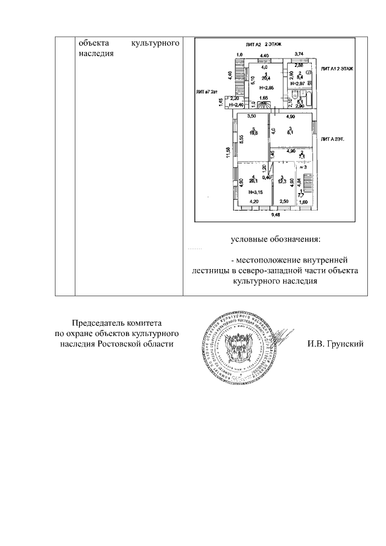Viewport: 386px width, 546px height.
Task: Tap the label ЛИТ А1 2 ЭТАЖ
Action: pyautogui.click(x=337, y=69)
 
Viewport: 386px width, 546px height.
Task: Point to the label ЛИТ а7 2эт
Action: pyautogui.click(x=207, y=92)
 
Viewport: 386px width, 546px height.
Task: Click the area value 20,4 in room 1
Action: pyautogui.click(x=264, y=78)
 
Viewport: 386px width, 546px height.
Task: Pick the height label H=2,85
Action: pyautogui.click(x=266, y=88)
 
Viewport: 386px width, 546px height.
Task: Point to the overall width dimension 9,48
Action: pyautogui.click(x=276, y=214)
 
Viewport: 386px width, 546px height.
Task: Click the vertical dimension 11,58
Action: pyautogui.click(x=229, y=153)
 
